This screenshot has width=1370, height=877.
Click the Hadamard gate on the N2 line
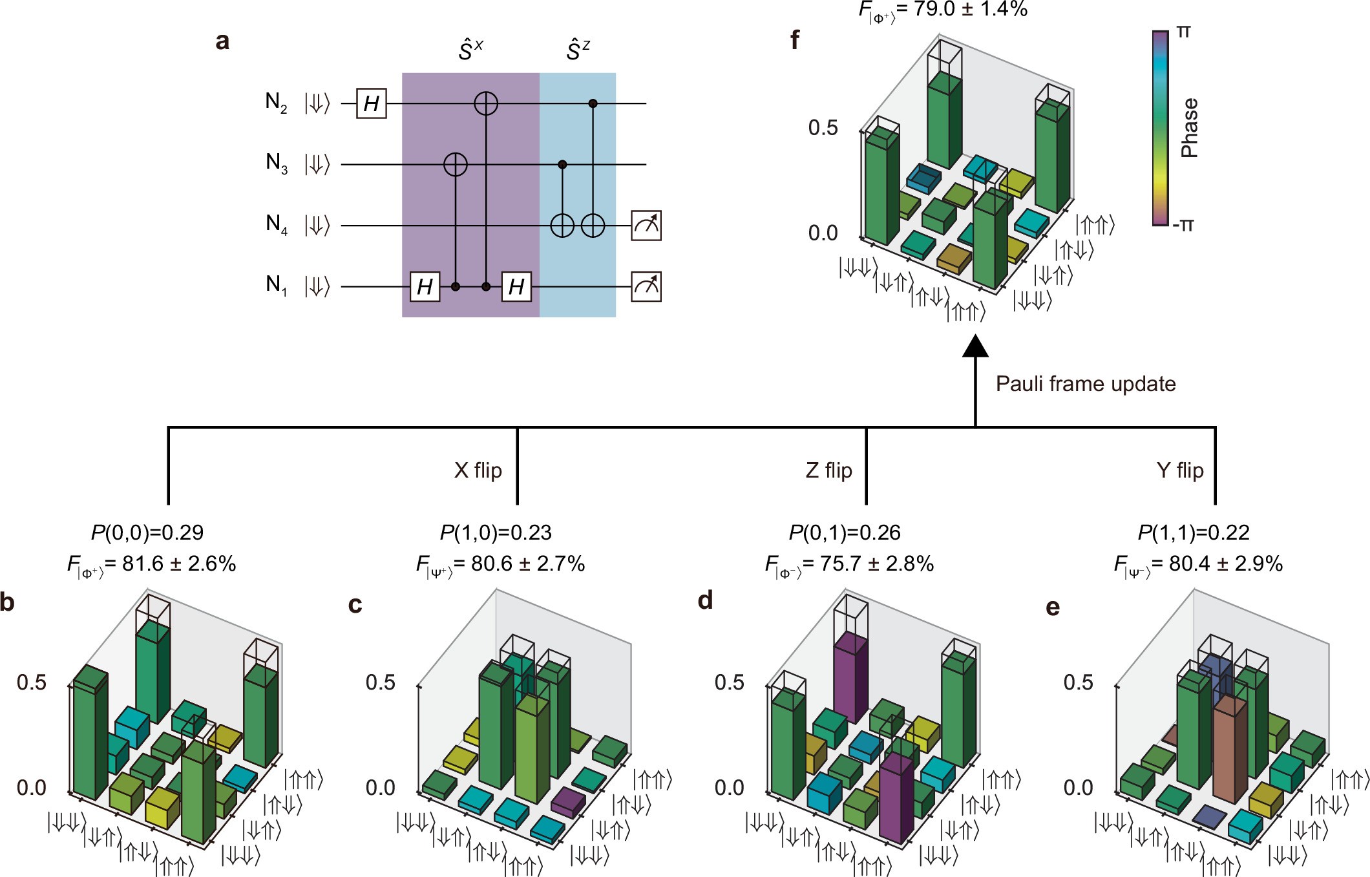[372, 103]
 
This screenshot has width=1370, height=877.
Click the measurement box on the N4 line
[646, 226]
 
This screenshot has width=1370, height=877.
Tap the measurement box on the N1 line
[646, 287]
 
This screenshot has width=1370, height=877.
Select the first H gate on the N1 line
[425, 287]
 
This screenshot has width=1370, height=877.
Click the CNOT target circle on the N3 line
[456, 165]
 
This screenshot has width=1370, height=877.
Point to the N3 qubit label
[277, 164]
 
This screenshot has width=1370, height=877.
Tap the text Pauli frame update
[1085, 384]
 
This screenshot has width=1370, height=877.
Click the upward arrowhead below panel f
[975, 347]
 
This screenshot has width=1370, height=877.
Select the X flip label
[478, 470]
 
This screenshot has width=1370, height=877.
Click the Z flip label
[828, 470]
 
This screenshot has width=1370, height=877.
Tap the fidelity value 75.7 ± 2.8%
[869, 564]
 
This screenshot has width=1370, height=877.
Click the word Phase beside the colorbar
[1189, 128]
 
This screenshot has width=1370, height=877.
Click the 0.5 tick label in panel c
[380, 682]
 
